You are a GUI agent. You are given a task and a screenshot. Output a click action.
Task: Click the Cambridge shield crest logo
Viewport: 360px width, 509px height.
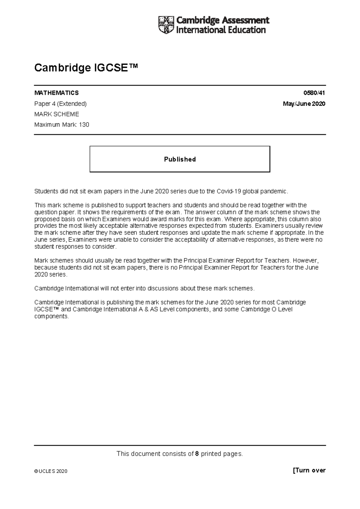(x=166, y=25)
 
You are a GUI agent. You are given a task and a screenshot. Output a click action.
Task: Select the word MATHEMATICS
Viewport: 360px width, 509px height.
(x=56, y=93)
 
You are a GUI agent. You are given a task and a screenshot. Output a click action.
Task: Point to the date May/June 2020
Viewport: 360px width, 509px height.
(x=304, y=104)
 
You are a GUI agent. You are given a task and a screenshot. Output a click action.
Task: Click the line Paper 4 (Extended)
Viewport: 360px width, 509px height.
(x=60, y=104)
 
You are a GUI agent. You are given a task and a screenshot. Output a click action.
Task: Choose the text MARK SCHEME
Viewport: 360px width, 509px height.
(x=57, y=114)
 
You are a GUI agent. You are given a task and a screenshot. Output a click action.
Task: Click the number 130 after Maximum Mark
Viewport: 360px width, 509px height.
(x=84, y=125)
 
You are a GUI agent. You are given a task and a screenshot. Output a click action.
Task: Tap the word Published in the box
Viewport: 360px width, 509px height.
(x=180, y=159)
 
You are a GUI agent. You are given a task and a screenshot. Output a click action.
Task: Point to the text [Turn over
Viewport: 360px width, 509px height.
(x=309, y=470)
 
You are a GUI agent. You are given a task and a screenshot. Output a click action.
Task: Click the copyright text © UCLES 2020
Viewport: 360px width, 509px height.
(x=51, y=471)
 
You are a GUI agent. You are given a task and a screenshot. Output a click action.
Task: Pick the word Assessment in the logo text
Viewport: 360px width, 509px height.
(x=245, y=20)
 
